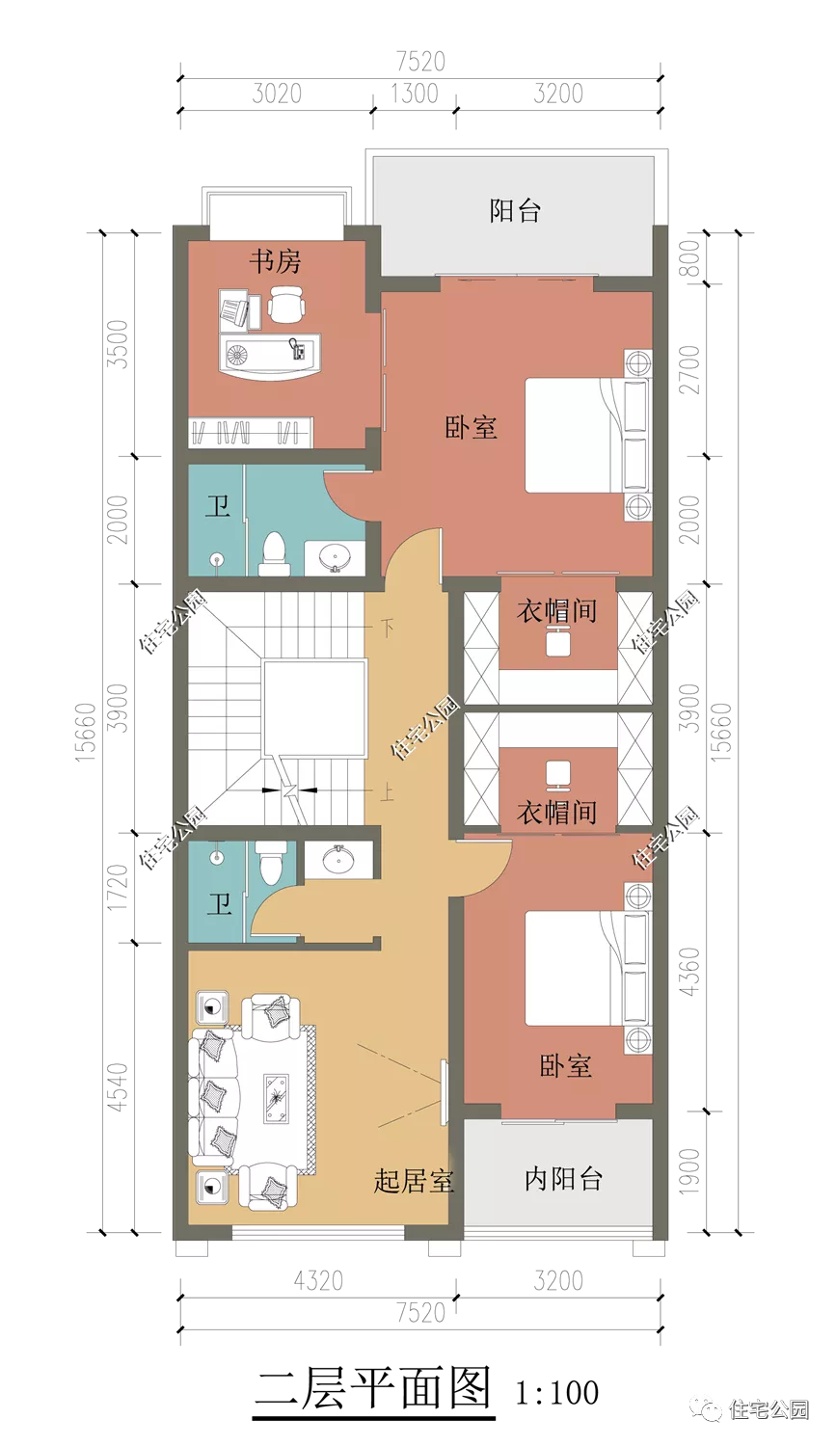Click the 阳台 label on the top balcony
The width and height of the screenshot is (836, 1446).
point(515,211)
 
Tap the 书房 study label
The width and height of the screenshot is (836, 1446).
point(275,261)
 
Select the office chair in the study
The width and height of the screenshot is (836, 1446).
point(286,308)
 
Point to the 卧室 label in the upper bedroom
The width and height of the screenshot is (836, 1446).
point(471,427)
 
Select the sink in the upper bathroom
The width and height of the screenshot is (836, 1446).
point(336,557)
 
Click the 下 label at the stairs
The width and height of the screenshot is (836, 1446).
point(386,629)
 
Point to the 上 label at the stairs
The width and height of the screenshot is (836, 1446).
point(386,792)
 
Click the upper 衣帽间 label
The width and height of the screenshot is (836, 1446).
point(556,610)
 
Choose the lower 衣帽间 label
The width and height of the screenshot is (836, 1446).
point(556,813)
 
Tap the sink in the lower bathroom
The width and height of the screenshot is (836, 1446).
point(338,859)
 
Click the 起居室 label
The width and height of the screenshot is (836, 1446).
point(414,1181)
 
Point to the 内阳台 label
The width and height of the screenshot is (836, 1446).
point(563,1178)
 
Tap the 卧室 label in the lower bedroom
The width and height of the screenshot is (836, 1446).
point(565,1066)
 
